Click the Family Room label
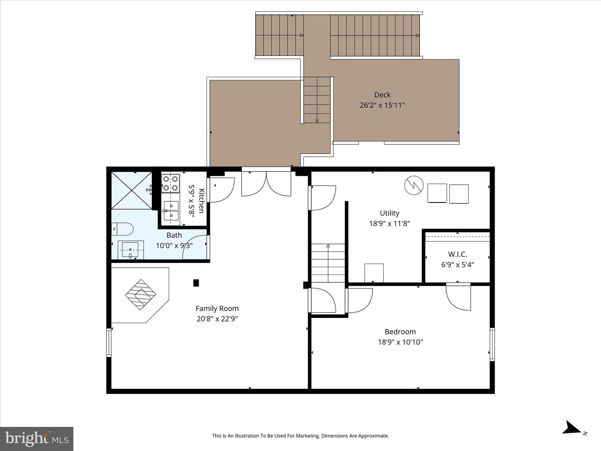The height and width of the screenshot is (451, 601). click(x=217, y=309)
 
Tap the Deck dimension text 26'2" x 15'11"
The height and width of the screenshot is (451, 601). click(x=382, y=105)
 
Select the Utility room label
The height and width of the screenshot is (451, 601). click(x=389, y=213)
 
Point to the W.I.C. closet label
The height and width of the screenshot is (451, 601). click(x=457, y=254)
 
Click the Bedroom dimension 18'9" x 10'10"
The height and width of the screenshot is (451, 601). click(x=400, y=342)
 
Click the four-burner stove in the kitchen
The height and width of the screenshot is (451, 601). click(x=171, y=183)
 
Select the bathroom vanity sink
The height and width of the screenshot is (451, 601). click(x=131, y=250)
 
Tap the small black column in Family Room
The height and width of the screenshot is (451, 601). click(x=196, y=283)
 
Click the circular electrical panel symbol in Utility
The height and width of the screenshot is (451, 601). click(x=414, y=185)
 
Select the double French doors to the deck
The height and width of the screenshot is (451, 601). click(x=266, y=183)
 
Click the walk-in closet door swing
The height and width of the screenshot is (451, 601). click(x=458, y=297)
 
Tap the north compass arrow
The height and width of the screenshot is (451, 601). click(x=571, y=428)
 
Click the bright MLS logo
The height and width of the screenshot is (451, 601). click(x=37, y=438)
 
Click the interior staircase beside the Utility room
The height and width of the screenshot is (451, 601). click(x=328, y=263)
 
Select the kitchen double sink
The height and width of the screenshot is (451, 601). click(x=171, y=211)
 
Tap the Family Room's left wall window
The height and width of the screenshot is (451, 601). click(x=109, y=342)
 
